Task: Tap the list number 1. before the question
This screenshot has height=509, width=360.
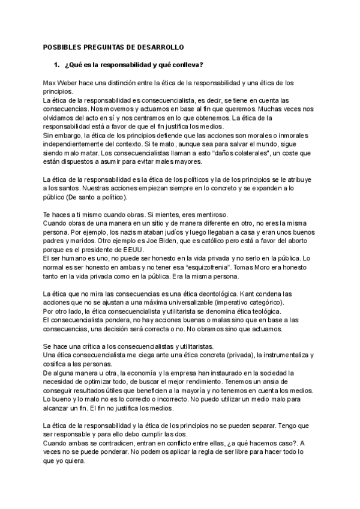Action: pyautogui.click(x=57, y=64)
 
